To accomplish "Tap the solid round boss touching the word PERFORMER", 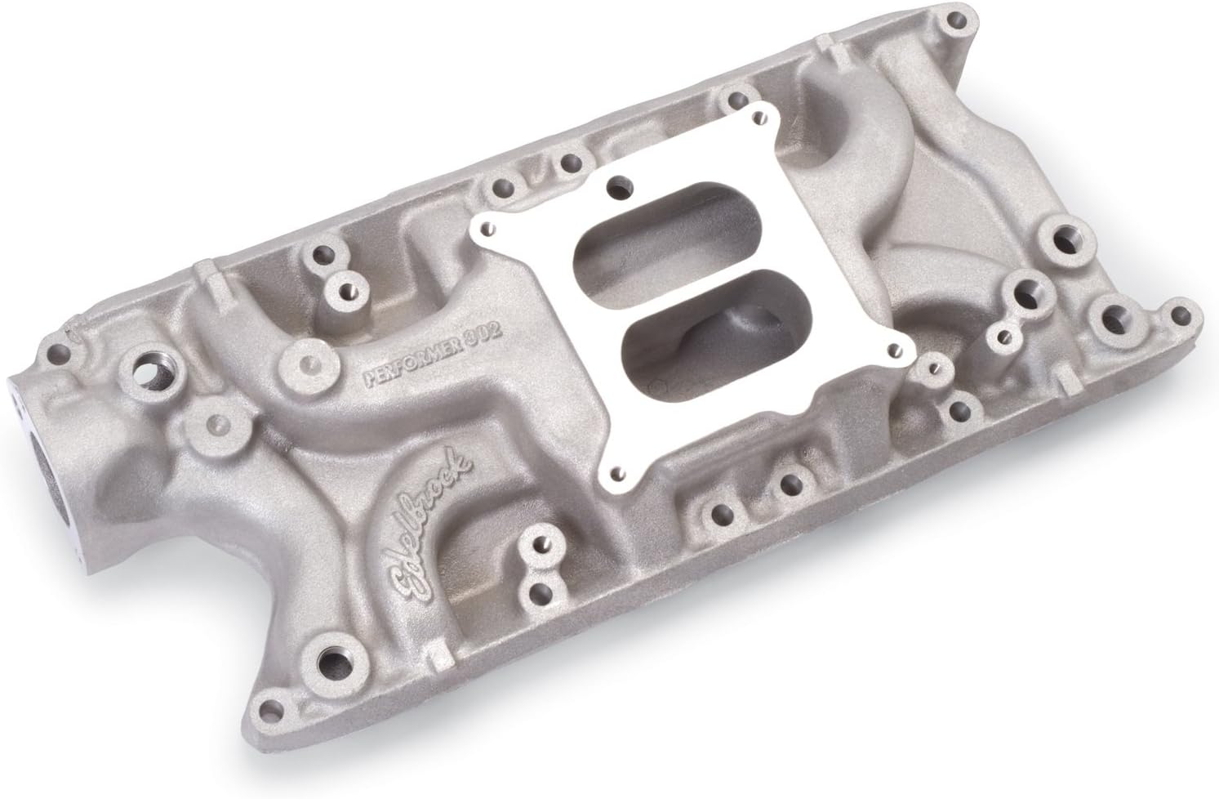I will [304, 363].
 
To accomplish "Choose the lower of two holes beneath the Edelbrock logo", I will [536, 591].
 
